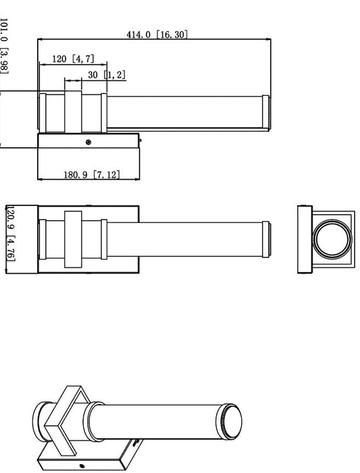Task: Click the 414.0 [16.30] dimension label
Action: [x=157, y=34]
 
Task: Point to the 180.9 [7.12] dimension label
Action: [x=92, y=174]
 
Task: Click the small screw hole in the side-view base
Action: [x=88, y=142]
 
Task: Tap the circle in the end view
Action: [x=330, y=239]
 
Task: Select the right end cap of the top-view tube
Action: [x=267, y=238]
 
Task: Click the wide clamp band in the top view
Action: [x=73, y=239]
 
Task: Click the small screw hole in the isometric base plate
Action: [x=82, y=466]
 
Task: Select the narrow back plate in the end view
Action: [x=303, y=239]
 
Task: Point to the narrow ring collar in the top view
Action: [x=103, y=239]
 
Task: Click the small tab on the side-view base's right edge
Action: [x=140, y=141]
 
